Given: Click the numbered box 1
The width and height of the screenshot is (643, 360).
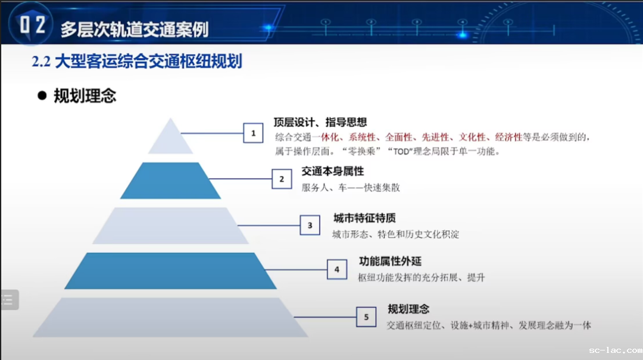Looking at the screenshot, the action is (x=253, y=133).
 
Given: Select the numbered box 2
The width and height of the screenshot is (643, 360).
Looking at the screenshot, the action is (x=282, y=179).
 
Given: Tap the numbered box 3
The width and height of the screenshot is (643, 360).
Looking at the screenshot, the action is (x=310, y=225).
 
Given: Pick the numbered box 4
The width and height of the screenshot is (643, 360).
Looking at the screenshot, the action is (x=337, y=270).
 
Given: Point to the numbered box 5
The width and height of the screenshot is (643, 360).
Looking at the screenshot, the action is (x=366, y=317).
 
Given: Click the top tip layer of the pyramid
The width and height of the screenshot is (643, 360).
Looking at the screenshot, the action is (x=171, y=139).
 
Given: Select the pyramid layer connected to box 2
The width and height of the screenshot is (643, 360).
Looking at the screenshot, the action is (x=171, y=181).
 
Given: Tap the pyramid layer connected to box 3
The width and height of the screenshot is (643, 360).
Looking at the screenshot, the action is (x=171, y=226).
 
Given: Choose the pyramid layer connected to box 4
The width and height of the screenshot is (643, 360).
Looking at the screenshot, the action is (x=171, y=271).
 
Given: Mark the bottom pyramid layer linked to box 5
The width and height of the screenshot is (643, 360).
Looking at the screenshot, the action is (x=171, y=317).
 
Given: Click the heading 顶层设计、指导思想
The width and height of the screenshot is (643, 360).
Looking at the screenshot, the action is (x=320, y=122).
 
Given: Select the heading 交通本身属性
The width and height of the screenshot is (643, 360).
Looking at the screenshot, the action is (x=333, y=171).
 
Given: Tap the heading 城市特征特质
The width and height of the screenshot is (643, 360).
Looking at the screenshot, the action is (x=364, y=218).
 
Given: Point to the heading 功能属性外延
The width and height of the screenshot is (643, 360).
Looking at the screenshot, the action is (x=391, y=261).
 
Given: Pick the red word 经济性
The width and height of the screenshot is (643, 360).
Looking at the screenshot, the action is (x=508, y=137).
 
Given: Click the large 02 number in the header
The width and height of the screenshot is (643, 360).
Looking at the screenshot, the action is (x=32, y=24).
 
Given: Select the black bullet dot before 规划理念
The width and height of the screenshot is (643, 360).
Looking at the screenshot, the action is (x=42, y=96).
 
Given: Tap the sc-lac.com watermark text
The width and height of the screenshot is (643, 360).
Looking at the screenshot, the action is (x=616, y=350).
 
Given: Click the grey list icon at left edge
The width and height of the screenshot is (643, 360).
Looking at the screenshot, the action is (x=9, y=300).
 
